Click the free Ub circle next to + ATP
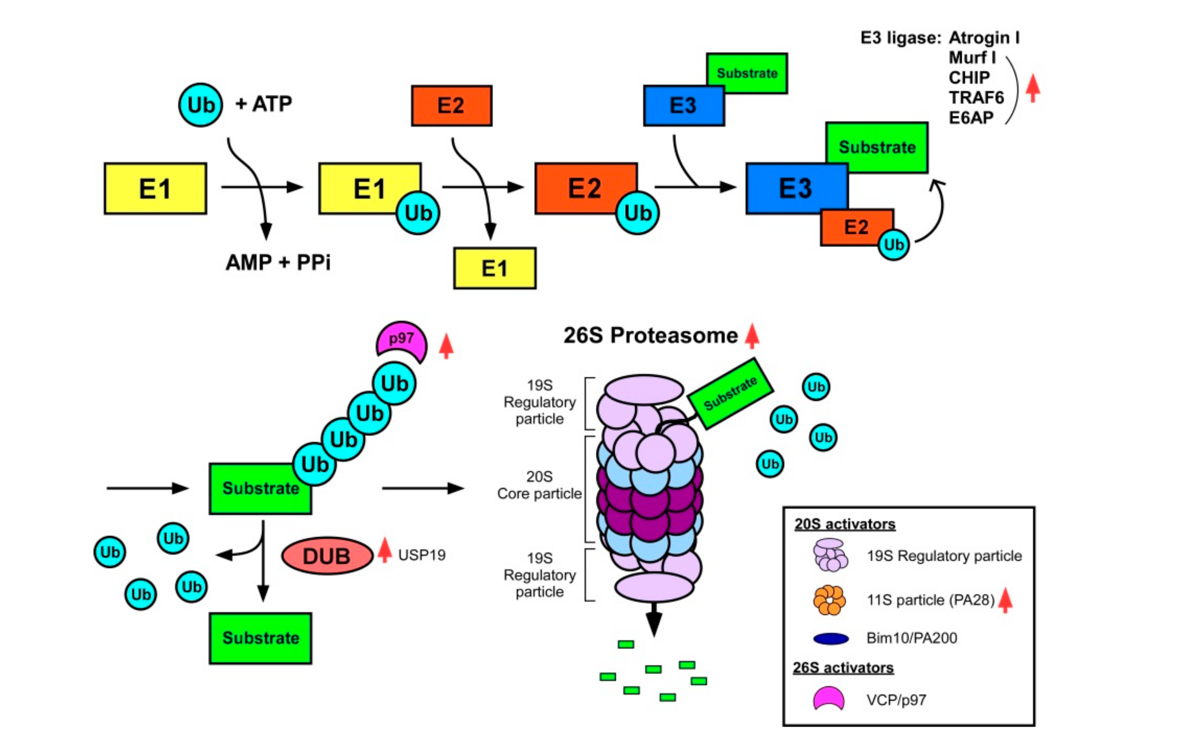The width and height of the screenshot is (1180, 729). tap(200, 105)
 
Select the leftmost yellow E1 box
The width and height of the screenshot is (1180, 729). tap(155, 188)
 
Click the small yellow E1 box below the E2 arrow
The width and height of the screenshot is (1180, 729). tap(495, 268)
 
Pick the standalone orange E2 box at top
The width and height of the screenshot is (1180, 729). tap(452, 106)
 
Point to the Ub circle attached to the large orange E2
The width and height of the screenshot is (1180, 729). tap(637, 213)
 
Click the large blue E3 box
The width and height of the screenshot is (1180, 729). tap(796, 188)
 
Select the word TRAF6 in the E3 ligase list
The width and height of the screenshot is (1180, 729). tap(976, 98)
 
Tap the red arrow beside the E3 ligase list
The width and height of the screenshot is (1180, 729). tap(1032, 88)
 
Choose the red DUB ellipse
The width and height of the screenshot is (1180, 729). tap(327, 556)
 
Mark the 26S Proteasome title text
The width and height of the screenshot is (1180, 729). tap(650, 335)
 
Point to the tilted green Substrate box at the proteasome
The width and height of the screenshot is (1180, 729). tap(730, 394)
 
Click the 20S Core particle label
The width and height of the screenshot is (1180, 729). tap(539, 485)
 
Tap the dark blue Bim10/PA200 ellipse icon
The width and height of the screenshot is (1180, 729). tap(831, 639)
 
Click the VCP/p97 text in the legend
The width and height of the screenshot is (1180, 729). tap(896, 700)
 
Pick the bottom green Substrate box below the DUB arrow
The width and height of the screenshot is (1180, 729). tap(261, 638)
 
